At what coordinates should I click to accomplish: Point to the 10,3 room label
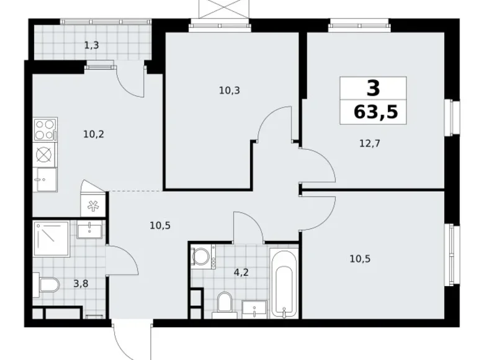click(x=229, y=90)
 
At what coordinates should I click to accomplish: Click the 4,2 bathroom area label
click(x=240, y=271)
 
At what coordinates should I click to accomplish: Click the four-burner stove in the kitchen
click(x=45, y=130)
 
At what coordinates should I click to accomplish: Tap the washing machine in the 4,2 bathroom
click(x=200, y=256)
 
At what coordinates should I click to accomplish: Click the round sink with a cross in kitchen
click(x=45, y=154)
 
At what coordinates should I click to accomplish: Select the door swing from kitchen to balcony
click(x=132, y=83)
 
